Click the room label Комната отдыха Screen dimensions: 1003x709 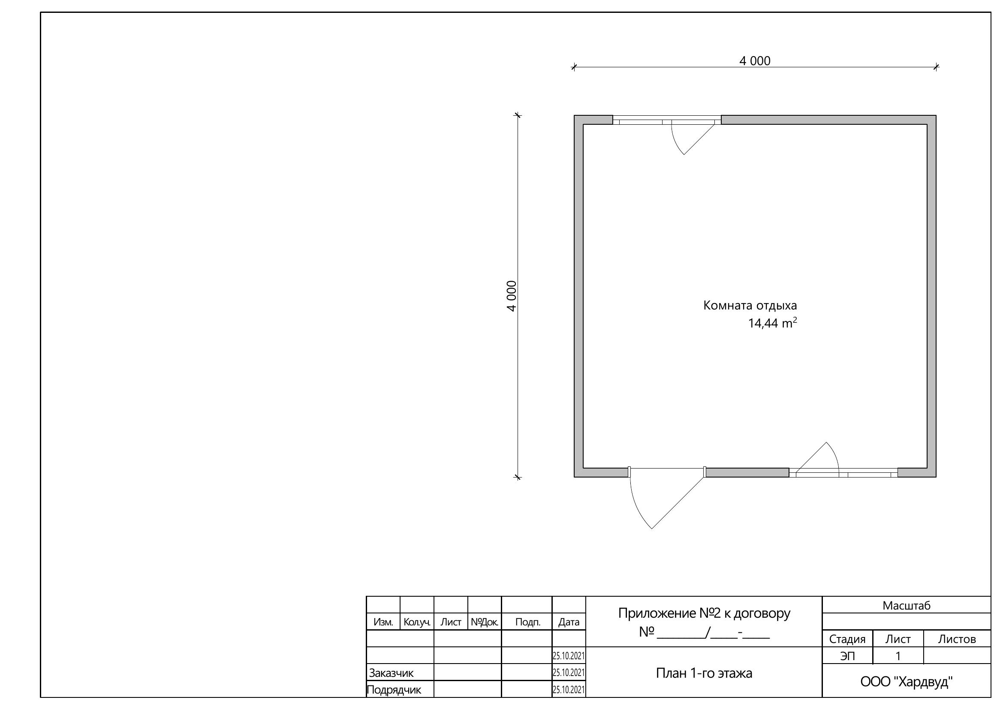(x=750, y=306)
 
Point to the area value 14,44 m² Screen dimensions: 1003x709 (x=772, y=323)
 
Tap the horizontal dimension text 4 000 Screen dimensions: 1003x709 (x=755, y=61)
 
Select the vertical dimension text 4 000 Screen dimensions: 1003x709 (x=512, y=296)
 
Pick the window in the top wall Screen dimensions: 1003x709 (x=667, y=120)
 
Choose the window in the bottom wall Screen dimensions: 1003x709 (x=843, y=473)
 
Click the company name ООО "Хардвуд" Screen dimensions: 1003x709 (x=907, y=682)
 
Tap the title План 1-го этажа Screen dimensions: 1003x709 (x=704, y=673)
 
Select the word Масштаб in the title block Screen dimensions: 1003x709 (x=907, y=606)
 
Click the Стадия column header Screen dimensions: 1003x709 (x=847, y=639)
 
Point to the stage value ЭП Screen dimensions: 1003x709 (x=847, y=656)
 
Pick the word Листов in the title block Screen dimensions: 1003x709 (x=957, y=639)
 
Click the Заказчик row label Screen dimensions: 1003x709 (x=391, y=673)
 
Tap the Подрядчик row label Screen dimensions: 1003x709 (x=394, y=690)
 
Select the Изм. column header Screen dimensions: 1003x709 (x=383, y=622)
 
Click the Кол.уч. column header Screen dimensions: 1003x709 (x=417, y=622)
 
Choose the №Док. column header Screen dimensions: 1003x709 (x=485, y=622)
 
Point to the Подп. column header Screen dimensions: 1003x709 (x=528, y=622)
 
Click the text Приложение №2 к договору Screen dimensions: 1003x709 (x=704, y=613)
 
